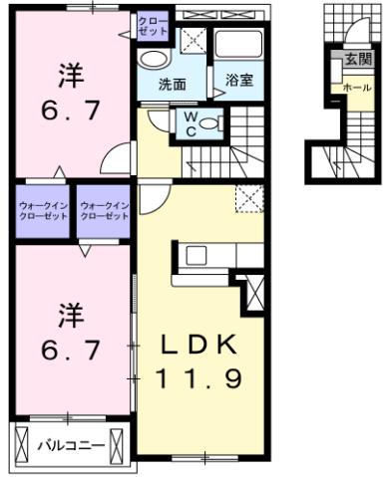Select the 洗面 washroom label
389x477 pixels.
click(173, 84)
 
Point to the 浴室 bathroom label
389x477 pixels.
click(238, 80)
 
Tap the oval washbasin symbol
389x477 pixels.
click(153, 59)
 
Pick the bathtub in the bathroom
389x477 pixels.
click(238, 45)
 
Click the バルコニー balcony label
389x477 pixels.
click(66, 444)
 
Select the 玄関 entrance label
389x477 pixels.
click(357, 60)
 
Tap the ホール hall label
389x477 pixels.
click(356, 88)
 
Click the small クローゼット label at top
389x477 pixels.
click(153, 25)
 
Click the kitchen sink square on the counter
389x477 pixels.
click(194, 255)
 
